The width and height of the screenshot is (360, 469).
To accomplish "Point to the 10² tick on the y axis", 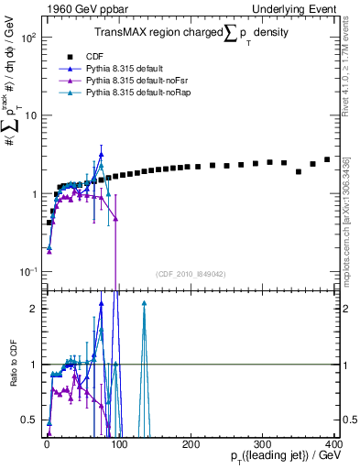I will pos(27,38).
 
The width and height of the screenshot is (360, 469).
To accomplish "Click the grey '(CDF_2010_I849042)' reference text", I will pos(190,274).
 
